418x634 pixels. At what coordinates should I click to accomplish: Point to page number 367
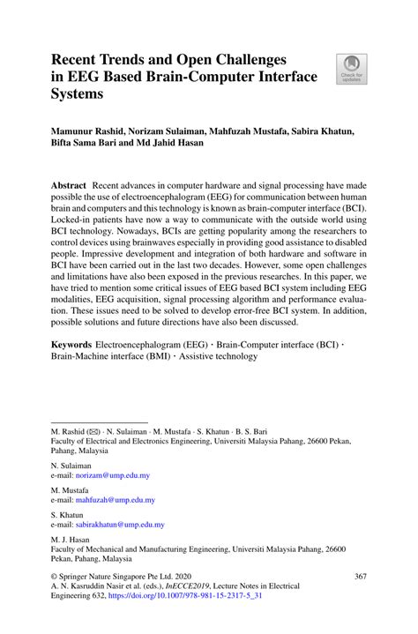point(361,577)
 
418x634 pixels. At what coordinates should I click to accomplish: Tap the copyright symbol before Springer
point(55,577)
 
